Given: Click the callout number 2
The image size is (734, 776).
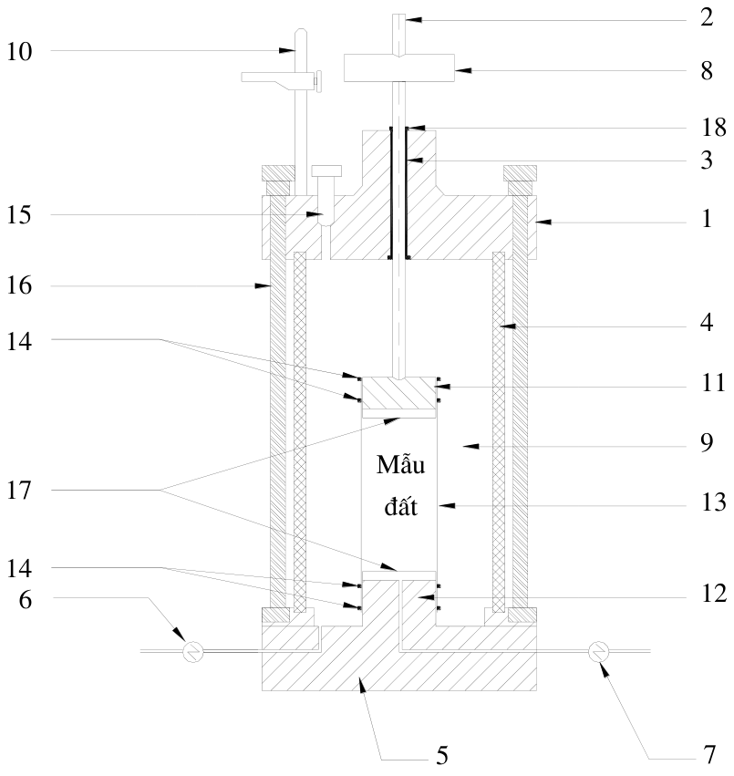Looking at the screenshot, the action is point(707,18).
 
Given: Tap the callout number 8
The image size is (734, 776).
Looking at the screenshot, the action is point(707,71).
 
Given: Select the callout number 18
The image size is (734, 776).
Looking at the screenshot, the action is point(713,128).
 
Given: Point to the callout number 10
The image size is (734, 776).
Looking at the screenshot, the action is point(19,51).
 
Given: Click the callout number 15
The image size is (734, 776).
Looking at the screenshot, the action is point(19,215).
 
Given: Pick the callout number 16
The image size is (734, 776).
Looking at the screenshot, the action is point(19,286).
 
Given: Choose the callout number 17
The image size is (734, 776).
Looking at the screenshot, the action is point(19,491).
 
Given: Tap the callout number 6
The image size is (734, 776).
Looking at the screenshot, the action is point(26,600).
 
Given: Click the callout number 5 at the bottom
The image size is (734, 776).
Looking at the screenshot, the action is point(442,755).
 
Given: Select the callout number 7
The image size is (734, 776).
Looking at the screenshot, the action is point(709,755).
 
